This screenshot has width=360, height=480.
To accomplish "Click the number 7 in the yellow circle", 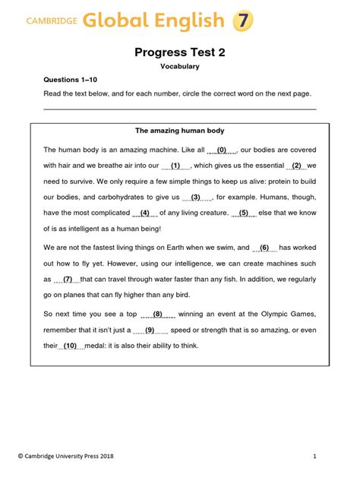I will tap(242, 20).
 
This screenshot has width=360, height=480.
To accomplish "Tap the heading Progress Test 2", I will tap(179, 52).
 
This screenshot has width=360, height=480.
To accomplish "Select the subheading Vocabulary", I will tap(179, 67).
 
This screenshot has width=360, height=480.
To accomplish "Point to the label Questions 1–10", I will tap(69, 80).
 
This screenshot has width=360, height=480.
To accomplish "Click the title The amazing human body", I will tap(179, 131).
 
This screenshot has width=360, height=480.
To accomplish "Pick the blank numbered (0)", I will tap(222, 150).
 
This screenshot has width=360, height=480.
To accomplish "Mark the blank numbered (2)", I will tap(296, 165).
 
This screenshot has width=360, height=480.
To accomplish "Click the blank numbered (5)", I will tap(243, 213).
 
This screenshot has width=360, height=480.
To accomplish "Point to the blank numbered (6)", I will tap(264, 248).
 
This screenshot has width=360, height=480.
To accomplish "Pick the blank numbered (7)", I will tap(67, 279).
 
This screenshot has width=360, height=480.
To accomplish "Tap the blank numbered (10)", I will tap(71, 346).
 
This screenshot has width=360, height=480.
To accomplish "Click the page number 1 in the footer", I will tap(314, 456).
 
